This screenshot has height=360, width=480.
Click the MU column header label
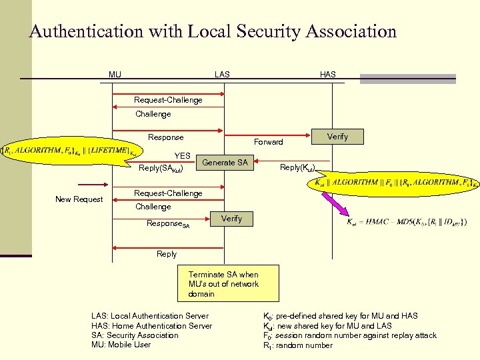[115, 74]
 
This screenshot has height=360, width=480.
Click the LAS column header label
[222, 74]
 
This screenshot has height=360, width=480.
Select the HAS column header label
[328, 74]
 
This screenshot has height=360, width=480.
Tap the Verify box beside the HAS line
[337, 137]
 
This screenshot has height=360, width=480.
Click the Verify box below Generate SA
[231, 219]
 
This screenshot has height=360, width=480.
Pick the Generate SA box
[225, 162]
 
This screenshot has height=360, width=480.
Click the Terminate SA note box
[223, 284]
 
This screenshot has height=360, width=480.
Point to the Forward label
[268, 142]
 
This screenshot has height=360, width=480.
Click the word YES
[182, 156]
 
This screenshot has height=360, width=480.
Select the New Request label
[79, 199]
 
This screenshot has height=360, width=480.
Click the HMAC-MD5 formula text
[407, 221]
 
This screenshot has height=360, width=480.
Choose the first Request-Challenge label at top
[168, 100]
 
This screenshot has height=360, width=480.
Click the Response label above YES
[165, 137]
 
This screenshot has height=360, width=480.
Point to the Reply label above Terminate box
[167, 254]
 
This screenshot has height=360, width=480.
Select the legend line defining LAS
[149, 316]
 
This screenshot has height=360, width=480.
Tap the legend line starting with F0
[350, 335]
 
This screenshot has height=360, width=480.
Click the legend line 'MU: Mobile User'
[121, 345]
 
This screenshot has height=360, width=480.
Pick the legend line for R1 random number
[298, 345]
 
